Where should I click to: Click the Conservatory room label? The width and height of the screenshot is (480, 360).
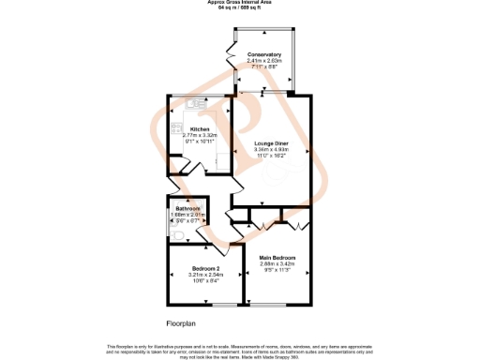pos(264,55)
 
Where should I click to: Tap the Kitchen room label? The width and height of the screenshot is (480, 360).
pos(200,128)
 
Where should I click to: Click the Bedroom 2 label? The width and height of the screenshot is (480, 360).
pos(192,267)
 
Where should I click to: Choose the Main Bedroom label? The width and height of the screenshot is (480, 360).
pos(277,257)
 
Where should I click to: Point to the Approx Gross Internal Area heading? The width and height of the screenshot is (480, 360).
pos(240,3)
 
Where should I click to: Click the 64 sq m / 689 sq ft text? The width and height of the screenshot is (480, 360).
pos(240,8)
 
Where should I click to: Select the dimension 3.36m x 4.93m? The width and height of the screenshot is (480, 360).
pos(271,148)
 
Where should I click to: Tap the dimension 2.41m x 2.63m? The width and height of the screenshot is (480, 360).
pos(264,62)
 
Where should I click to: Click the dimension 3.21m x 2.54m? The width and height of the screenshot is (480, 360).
pos(192,274)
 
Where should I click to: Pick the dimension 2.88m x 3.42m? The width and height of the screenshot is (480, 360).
pos(277,263)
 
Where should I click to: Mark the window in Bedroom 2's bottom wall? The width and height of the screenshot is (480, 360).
pos(223,306)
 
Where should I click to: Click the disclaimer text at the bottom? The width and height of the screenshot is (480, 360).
pos(240,349)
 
